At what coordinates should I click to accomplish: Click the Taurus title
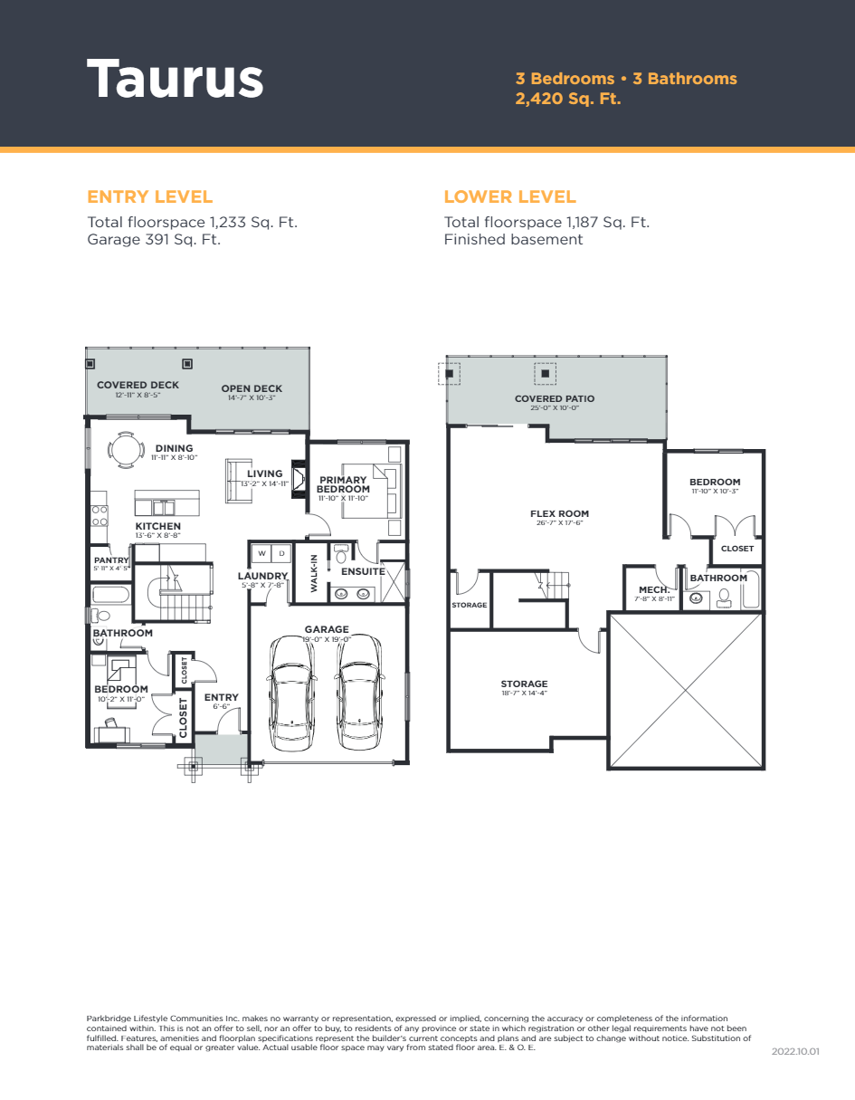175,79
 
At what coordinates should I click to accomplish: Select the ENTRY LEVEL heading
150,196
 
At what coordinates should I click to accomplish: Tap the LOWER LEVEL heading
509,196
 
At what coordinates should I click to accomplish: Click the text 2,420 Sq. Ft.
568,99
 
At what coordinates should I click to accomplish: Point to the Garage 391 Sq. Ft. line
154,240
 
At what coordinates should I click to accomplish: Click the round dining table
125,450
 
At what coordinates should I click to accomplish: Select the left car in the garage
293,692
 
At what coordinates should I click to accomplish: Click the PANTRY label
111,560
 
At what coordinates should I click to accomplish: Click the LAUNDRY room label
262,576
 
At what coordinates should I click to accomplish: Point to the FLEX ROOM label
559,513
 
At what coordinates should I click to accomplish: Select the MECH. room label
654,589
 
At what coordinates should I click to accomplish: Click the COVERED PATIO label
555,398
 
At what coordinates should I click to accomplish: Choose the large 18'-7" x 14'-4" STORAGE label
524,684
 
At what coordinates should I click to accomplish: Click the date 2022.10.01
795,1052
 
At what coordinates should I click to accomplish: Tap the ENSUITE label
363,571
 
